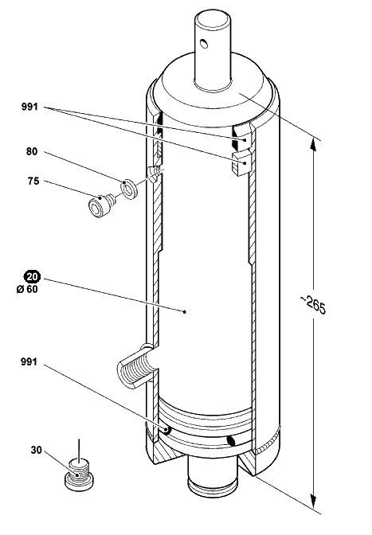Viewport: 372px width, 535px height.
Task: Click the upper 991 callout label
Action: coord(29,107)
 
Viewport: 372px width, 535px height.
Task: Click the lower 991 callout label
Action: coord(29,361)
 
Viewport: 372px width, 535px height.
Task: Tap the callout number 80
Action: coord(32,151)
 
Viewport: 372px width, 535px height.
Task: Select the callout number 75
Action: coord(33,181)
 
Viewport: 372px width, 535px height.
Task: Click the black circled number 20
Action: coord(32,276)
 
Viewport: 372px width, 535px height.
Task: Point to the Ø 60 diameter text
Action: coord(27,289)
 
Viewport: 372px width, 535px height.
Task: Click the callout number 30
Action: coord(36,450)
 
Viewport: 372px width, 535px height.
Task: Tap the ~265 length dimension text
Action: coord(313,304)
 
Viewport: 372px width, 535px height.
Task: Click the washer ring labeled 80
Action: coord(129,189)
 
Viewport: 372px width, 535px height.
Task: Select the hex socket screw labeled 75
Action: coord(101,205)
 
